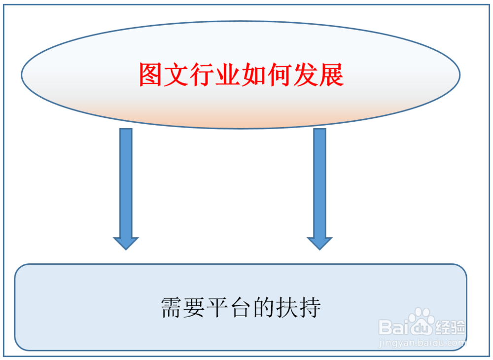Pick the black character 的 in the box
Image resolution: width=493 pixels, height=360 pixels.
coord(264,308)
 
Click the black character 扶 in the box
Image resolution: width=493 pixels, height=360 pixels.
coord(287,308)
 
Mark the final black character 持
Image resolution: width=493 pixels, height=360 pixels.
coord(310,308)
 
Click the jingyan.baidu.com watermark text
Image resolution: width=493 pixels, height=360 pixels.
coord(422,342)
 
